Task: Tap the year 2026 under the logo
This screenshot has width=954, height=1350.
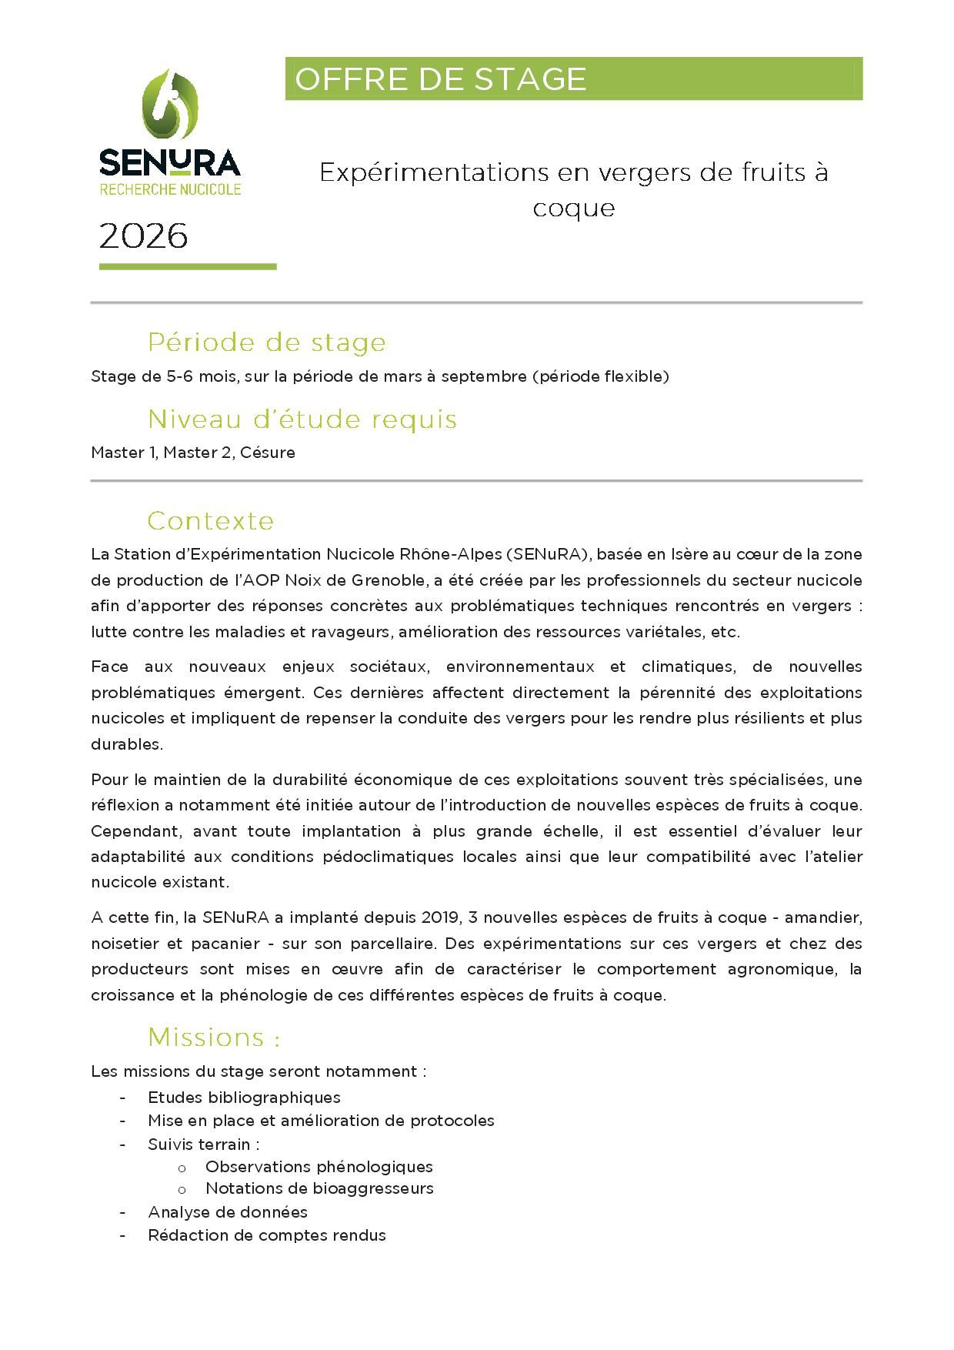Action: coord(143,236)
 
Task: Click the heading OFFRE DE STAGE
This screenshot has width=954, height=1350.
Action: coord(440,79)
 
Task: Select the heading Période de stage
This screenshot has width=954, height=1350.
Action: coord(266,343)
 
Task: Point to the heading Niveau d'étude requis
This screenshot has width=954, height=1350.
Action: coord(302,419)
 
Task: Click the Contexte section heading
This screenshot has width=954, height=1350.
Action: coord(210,521)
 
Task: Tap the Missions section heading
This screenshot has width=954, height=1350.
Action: coord(213,1038)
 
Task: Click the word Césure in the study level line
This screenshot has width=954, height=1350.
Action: coord(267,453)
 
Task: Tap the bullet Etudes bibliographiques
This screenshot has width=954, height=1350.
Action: coord(244,1098)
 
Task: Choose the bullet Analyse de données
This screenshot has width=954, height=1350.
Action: coord(227,1212)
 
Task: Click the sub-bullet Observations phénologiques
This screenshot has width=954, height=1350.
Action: coord(319,1167)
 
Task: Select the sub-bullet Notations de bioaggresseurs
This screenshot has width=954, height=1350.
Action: coord(319,1188)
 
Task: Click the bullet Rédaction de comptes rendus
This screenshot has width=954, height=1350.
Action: coord(266,1235)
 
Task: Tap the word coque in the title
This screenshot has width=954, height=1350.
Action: coord(573,209)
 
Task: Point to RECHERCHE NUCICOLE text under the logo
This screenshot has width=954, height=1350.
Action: coord(170,189)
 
